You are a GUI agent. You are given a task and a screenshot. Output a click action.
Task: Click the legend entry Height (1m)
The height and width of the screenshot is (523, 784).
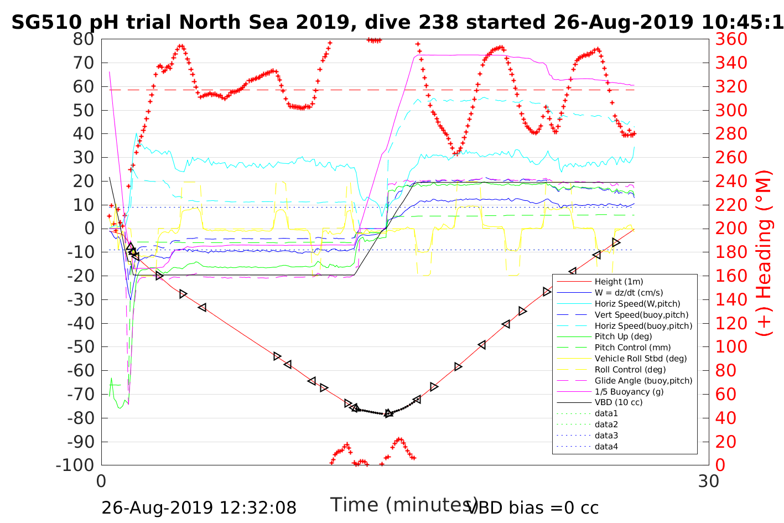pyautogui.click(x=619, y=282)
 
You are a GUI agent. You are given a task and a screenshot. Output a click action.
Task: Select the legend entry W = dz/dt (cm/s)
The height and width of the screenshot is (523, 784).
pyautogui.click(x=629, y=293)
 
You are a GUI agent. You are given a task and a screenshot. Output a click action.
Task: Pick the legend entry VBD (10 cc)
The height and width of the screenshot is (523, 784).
pyautogui.click(x=619, y=402)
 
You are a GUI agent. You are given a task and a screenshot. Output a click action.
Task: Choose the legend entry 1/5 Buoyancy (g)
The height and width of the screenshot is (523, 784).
pyautogui.click(x=629, y=392)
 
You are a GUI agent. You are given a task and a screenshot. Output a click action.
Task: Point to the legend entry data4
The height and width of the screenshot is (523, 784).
pyautogui.click(x=606, y=446)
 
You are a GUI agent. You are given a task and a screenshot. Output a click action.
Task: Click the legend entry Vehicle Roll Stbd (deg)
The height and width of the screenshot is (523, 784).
pyautogui.click(x=641, y=359)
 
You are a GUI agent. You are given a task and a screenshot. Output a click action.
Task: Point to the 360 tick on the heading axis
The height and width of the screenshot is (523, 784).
pyautogui.click(x=731, y=39)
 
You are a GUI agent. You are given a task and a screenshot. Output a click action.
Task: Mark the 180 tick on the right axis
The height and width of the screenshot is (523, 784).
pyautogui.click(x=731, y=252)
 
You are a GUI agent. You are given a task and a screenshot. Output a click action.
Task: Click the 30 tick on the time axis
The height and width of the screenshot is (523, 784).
pyautogui.click(x=709, y=480)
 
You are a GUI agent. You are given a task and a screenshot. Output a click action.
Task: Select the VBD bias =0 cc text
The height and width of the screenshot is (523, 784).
pyautogui.click(x=533, y=508)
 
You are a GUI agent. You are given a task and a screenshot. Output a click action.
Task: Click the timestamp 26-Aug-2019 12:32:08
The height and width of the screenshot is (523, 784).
pyautogui.click(x=199, y=508)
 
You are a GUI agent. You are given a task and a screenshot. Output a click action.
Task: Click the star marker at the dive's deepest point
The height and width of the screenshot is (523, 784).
pyautogui.click(x=388, y=413)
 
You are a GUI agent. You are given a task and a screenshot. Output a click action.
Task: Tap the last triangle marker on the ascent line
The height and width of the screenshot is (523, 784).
pyautogui.click(x=616, y=243)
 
